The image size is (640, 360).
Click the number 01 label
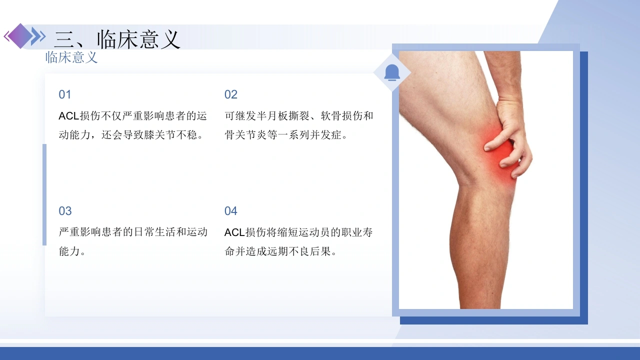(x=65, y=94)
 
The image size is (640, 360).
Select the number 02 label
(x=231, y=94)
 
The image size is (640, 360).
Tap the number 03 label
(x=65, y=211)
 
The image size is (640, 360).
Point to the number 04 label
(x=231, y=211)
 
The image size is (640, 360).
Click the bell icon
(x=392, y=72)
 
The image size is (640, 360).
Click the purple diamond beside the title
(x=20, y=36)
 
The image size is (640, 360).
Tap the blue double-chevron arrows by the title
(x=38, y=36)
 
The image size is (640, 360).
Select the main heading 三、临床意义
(x=117, y=39)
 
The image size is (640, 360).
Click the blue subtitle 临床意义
(x=71, y=57)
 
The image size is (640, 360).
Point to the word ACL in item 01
(x=68, y=116)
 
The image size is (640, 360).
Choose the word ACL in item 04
(x=234, y=232)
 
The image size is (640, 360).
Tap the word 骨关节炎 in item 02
(x=245, y=135)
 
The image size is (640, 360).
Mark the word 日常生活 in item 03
(x=155, y=232)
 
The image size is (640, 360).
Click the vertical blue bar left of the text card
(x=44, y=194)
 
